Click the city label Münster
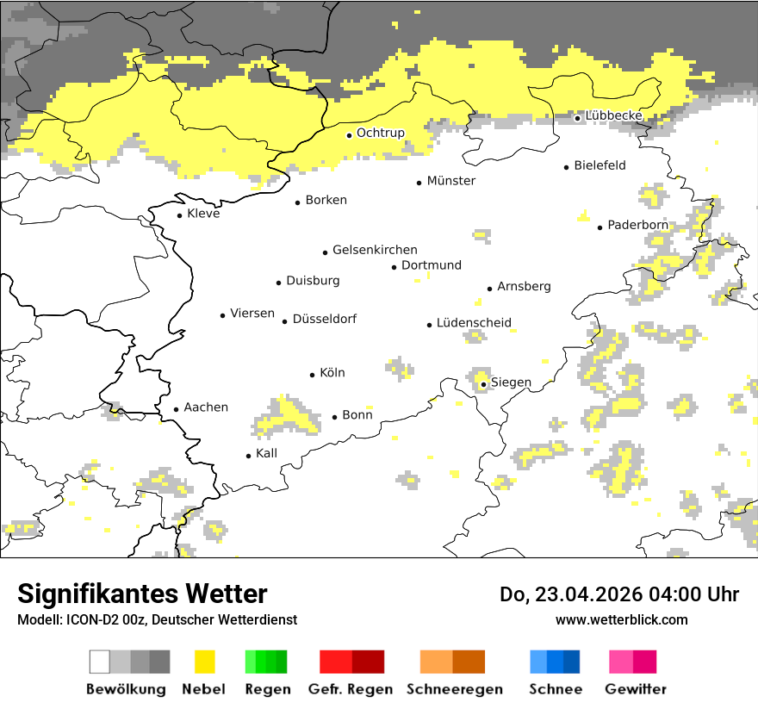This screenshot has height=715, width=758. coord(450,181)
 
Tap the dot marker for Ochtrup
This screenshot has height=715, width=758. coord(349,135)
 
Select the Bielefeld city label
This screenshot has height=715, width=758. coord(600,165)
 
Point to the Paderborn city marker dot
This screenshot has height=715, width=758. coord(600,227)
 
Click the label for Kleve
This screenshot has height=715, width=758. coord(203,214)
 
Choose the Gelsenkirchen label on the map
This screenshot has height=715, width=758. coord(375,250)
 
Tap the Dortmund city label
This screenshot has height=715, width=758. coord(431,265)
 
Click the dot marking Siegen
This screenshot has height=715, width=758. coord(484,385)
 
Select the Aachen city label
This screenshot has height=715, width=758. coord(206,407)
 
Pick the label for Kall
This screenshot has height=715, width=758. coord(266,453)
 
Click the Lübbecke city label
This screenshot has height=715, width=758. coord(613,116)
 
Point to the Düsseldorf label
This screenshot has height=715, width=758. coord(324,319)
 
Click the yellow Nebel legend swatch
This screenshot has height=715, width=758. coord(203,662)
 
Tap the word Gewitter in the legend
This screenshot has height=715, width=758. coord(635,689)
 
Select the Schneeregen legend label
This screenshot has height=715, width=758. coord(454,689)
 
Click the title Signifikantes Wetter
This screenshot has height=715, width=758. coord(142,594)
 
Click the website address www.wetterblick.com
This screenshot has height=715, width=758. coord(621,619)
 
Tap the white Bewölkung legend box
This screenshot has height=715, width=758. coord(100,662)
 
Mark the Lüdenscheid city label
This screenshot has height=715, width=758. coord(474,323)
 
